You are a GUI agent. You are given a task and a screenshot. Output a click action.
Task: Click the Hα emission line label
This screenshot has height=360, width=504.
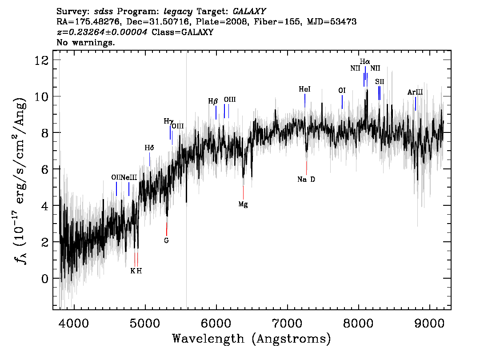click(365, 61)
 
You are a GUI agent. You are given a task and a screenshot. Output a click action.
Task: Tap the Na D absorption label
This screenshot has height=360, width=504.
click(306, 180)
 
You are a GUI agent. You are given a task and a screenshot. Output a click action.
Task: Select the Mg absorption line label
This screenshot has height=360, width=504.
click(243, 204)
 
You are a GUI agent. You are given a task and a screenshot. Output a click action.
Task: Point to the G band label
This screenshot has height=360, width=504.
click(166, 240)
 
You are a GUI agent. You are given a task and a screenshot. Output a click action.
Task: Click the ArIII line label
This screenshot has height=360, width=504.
click(415, 92)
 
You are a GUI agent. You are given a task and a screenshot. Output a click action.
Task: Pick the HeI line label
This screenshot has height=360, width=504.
click(304, 89)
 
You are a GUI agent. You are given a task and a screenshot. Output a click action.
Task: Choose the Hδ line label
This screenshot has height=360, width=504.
click(149, 148)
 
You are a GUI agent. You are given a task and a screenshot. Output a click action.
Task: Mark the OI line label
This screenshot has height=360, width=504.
click(342, 91)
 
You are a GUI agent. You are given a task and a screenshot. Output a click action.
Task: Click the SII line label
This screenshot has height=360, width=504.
click(380, 82)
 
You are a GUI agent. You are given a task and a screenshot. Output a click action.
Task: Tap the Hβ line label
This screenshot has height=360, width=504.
click(213, 101)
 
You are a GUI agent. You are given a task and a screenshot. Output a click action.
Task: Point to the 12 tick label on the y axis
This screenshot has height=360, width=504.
click(42, 60)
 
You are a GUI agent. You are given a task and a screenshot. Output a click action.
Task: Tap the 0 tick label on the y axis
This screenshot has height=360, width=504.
click(45, 278)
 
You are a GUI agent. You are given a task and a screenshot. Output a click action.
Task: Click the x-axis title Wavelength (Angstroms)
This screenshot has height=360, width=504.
click(252, 339)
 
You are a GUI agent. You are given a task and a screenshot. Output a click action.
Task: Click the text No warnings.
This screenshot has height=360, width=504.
click(85, 42)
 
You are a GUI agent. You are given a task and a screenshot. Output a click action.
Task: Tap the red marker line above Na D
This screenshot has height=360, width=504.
click(306, 168)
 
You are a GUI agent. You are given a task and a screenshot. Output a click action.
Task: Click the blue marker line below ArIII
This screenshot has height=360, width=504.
click(415, 104)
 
